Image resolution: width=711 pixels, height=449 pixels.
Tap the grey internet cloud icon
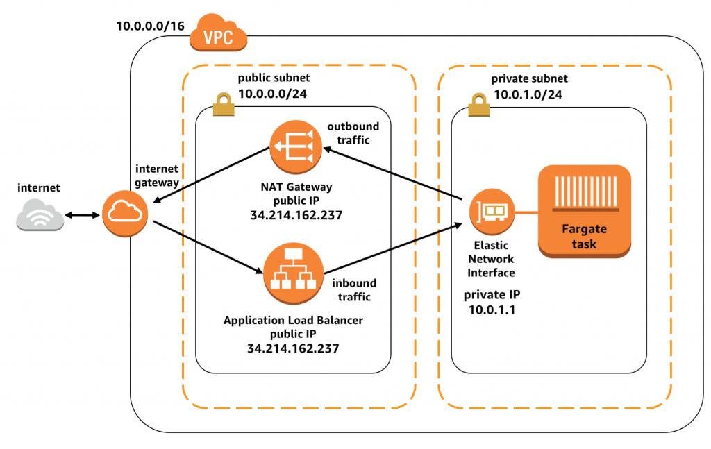(x=40, y=214)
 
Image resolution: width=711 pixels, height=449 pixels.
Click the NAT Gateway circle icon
(x=294, y=147)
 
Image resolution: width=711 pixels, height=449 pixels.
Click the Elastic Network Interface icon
(x=491, y=213)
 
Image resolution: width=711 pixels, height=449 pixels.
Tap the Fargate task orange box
(x=585, y=210)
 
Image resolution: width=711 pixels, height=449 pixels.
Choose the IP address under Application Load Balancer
(x=292, y=348)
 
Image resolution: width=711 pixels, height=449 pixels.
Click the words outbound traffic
(x=353, y=133)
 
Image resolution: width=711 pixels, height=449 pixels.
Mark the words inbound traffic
(x=353, y=290)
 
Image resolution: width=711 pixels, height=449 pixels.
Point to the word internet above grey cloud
(x=39, y=187)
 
